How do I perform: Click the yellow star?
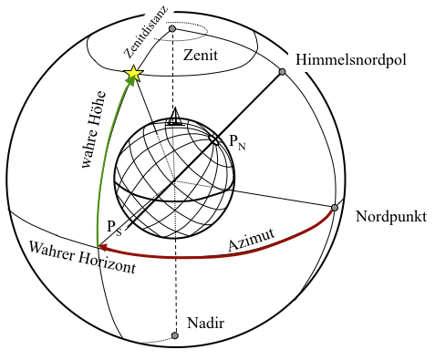(x=134, y=72)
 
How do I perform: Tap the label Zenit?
(x=201, y=56)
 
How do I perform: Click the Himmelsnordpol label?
(x=352, y=60)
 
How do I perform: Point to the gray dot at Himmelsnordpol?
(x=284, y=71)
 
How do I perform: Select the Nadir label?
(x=205, y=324)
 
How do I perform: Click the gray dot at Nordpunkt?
(x=335, y=208)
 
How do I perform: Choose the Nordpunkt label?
(x=391, y=216)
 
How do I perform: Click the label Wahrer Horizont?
(x=82, y=260)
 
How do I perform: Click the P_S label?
(x=111, y=225)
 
